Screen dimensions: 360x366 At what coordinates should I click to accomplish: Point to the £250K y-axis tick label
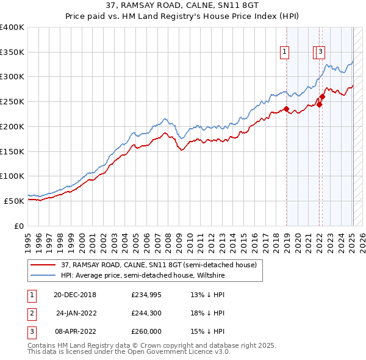(12, 101)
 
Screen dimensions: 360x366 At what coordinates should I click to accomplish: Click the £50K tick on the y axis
(13, 201)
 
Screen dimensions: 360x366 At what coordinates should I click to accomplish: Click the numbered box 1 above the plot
(285, 52)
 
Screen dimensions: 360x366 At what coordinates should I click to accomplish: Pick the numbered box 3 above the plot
(321, 52)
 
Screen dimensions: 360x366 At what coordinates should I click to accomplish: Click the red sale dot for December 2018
(286, 109)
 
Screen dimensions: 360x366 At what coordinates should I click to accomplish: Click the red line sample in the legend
(43, 265)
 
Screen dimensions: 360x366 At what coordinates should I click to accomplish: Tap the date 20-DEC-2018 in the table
(75, 295)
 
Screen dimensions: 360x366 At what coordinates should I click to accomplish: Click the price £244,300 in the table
(146, 313)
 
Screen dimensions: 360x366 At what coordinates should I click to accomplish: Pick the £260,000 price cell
(146, 331)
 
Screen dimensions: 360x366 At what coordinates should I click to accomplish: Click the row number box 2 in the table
(30, 313)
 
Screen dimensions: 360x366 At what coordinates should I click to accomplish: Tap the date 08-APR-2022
(75, 331)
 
